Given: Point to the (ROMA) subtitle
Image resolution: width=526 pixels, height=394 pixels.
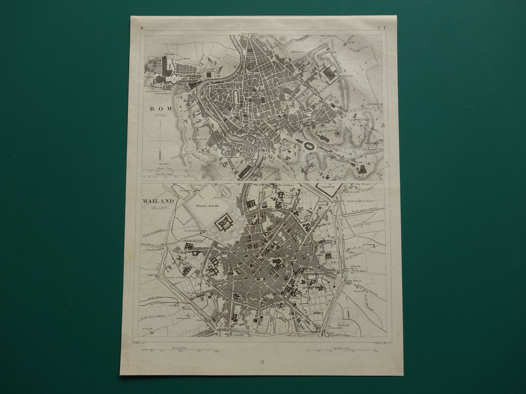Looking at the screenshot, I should pyautogui.click(x=159, y=115).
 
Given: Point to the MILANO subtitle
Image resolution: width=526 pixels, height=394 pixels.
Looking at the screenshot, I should pyautogui.click(x=158, y=208).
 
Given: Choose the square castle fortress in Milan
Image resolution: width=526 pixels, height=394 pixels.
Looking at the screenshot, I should pyautogui.click(x=224, y=224).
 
